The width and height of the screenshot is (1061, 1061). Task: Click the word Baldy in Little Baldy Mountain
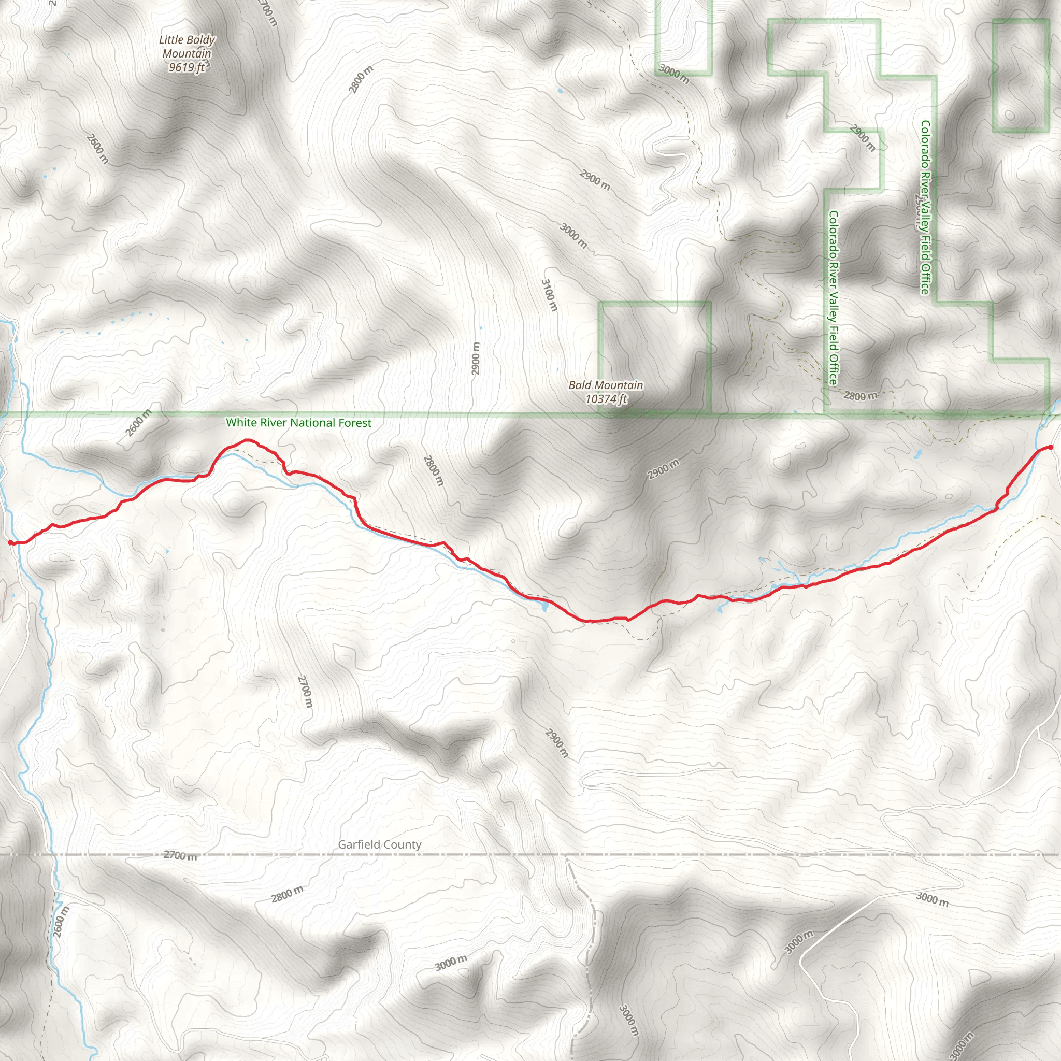pos(201,40)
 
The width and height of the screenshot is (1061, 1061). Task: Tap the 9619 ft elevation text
pos(186,67)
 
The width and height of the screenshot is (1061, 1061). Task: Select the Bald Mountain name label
pos(605,385)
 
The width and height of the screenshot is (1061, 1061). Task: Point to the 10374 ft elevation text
pos(606,399)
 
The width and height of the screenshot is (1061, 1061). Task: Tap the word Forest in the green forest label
pos(354,423)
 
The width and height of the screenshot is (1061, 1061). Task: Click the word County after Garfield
pos(404,844)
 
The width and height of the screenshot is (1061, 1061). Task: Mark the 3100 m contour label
pos(549,295)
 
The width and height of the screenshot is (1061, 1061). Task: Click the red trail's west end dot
pos(10,542)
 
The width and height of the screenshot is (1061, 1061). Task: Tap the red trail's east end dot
pos(1050,447)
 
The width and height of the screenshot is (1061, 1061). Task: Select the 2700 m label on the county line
pos(180,855)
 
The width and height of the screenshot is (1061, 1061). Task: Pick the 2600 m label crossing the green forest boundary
pos(138,423)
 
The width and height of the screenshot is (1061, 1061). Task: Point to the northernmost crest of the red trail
pos(247,440)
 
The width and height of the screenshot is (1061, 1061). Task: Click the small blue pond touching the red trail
pos(543,607)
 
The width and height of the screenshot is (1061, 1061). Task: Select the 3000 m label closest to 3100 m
pos(573,235)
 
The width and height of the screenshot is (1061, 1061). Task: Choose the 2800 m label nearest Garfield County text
pos(286,894)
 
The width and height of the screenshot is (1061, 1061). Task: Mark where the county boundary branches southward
pos(568,856)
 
